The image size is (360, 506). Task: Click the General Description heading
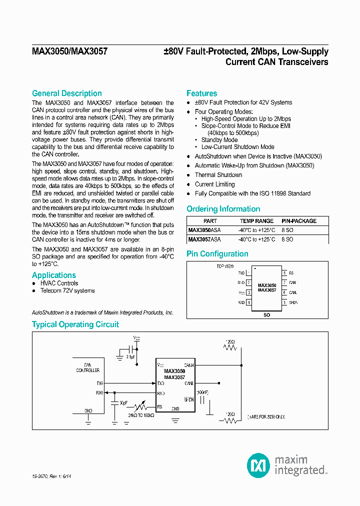point(66,93)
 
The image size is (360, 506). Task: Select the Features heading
point(201,93)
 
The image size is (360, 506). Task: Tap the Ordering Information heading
point(223,209)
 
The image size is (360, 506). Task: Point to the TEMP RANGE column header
point(256,221)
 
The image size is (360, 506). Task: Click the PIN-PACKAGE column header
point(299,221)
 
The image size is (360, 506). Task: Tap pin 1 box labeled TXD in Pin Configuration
point(248,273)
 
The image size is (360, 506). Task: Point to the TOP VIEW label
point(225,266)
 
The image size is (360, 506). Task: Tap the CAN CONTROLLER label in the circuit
point(87,367)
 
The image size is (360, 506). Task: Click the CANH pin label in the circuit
point(188,365)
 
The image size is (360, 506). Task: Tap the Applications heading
point(54,275)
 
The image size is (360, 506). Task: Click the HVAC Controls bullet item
point(59,283)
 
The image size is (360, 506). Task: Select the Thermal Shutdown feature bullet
point(218,175)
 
